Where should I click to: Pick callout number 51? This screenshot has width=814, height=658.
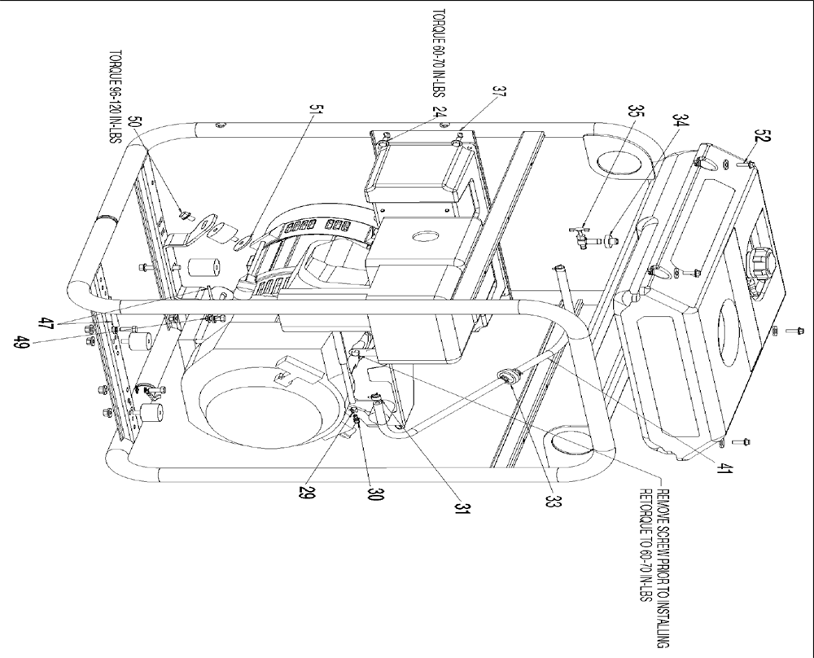(x=316, y=110)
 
